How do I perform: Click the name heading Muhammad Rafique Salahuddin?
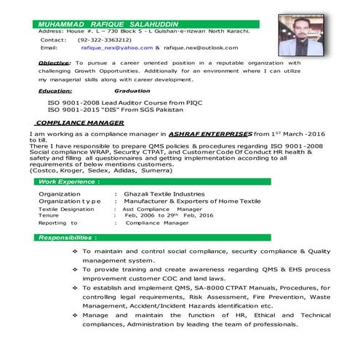108,24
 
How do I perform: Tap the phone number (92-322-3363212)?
105,39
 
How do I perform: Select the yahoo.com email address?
116,47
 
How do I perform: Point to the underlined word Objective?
55,63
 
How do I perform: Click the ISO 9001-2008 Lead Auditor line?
120,103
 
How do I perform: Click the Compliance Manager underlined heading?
79,123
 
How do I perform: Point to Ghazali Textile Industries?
164,194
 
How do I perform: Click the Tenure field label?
49,215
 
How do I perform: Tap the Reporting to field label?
57,223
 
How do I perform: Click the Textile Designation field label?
66,209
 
